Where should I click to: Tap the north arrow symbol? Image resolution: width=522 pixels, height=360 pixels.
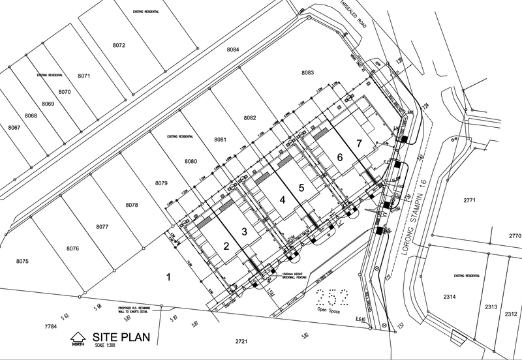pyautogui.click(x=78, y=338)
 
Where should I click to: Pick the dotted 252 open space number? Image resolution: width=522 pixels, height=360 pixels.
pyautogui.click(x=331, y=297)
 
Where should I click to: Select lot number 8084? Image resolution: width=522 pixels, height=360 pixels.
pyautogui.click(x=233, y=50)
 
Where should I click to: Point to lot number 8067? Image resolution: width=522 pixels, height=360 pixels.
pyautogui.click(x=14, y=127)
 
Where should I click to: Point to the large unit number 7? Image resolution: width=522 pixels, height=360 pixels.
pyautogui.click(x=358, y=142)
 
